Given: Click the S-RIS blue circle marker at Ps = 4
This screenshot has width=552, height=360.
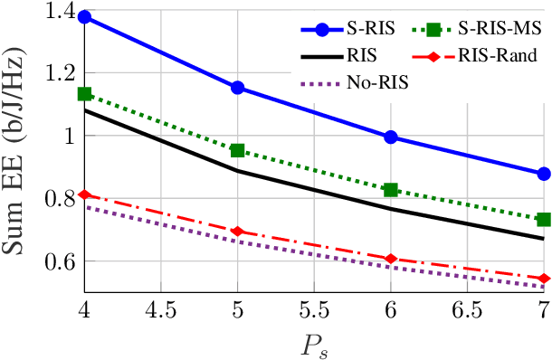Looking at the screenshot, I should (x=84, y=17).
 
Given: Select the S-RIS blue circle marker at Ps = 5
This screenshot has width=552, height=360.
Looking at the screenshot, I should (x=238, y=88).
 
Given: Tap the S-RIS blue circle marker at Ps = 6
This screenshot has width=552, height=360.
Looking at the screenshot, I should (x=391, y=137).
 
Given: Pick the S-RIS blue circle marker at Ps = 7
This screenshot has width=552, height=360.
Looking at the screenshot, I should (x=544, y=174).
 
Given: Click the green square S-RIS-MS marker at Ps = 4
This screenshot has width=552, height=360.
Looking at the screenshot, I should (x=84, y=94).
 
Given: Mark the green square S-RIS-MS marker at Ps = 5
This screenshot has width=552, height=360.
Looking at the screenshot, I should (x=238, y=150).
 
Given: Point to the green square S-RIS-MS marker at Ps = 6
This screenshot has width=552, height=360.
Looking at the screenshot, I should (x=391, y=190).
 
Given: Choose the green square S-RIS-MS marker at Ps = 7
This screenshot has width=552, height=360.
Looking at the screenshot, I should (x=544, y=220).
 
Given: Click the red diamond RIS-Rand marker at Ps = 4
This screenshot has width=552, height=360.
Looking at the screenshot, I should (x=84, y=194).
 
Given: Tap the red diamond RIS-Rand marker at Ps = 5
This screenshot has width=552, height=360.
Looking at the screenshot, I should (x=238, y=232).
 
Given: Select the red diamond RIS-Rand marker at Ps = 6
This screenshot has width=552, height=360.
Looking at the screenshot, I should (x=391, y=259).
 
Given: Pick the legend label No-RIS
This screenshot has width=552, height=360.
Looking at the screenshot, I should (x=376, y=82).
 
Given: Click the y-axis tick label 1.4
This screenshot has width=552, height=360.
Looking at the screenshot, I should (x=57, y=13).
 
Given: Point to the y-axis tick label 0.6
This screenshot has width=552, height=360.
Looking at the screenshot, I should (x=57, y=261).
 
